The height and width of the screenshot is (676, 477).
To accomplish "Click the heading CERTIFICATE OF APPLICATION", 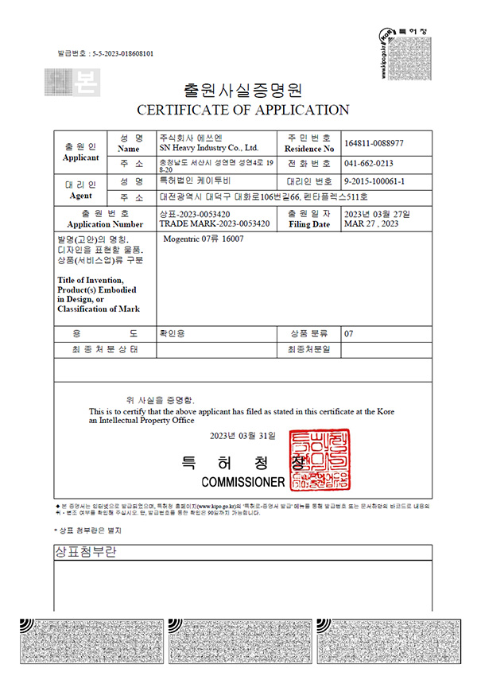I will coord(243,110).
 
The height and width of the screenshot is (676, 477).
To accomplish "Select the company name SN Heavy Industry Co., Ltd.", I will coord(209,148).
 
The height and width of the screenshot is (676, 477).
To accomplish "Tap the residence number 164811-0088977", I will coord(374,143).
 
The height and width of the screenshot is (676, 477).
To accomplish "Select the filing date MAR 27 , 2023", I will coord(371,224).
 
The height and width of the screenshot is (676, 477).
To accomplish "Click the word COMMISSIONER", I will coord(242,483).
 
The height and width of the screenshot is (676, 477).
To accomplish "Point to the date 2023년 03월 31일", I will coord(242,436).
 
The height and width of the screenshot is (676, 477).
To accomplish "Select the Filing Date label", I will coord(310,224).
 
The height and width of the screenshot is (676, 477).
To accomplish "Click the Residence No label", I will coord(308,149).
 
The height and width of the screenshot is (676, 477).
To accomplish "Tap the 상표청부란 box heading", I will coord(83,552).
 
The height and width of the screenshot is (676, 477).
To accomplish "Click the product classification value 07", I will coord(348,334).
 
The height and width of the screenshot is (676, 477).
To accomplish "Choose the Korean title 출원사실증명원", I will coord(243,88).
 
